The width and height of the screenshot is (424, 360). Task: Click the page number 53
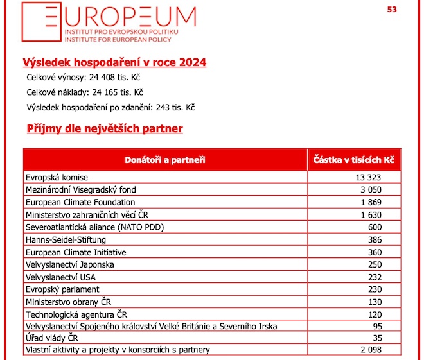[392, 10]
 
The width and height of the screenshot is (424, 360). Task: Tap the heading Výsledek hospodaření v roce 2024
[114, 62]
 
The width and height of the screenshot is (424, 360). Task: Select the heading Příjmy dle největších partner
[105, 128]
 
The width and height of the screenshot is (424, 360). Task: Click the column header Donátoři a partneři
[165, 160]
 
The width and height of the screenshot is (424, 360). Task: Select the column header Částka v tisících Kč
[354, 160]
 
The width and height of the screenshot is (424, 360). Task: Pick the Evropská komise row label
[57, 178]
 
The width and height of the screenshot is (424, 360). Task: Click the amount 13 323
[368, 178]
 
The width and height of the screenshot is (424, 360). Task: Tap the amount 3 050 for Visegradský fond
[371, 189]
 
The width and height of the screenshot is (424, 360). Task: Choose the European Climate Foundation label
[80, 202]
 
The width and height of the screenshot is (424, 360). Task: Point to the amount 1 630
[371, 215]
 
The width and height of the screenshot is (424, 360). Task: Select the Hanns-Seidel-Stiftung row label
[66, 240]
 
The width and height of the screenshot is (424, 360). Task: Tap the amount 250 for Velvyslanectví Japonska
[375, 264]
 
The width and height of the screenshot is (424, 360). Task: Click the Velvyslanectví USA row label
[60, 277]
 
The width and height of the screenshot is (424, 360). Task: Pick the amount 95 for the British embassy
[378, 326]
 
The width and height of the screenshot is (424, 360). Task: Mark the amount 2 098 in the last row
[371, 350]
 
